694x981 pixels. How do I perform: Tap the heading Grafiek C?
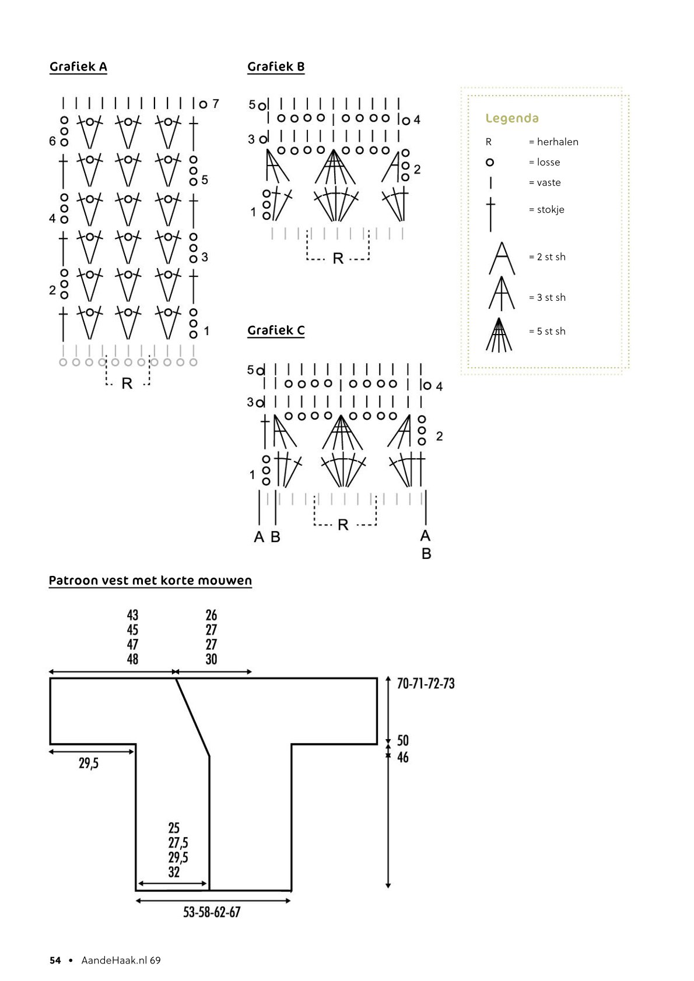276,330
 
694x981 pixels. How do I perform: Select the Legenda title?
511,118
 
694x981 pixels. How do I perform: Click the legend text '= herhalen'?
553,142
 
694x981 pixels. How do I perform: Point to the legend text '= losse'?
544,162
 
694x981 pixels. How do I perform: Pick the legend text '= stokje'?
546,209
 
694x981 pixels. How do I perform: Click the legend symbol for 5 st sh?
499,335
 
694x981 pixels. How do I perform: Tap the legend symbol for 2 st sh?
502,258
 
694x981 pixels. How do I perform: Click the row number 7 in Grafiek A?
216,104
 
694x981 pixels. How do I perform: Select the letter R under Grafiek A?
127,384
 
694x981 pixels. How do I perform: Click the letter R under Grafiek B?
338,258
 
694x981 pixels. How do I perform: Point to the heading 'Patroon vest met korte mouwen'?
150,581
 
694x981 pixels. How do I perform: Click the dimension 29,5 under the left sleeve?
89,763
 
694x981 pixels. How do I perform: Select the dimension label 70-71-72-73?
425,683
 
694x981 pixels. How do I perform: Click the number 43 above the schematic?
132,615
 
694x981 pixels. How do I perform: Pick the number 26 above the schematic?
211,615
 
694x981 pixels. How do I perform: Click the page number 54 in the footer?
55,961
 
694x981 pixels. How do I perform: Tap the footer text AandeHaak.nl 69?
121,961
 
